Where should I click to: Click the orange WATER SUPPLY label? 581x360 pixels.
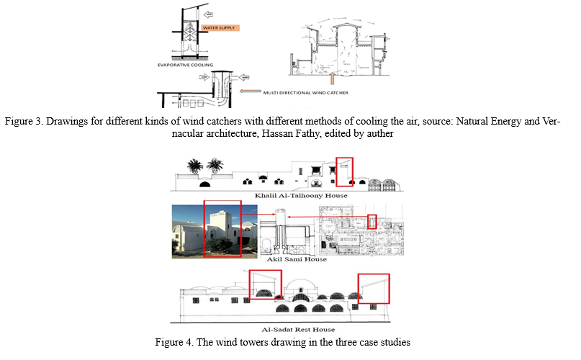pyautogui.click(x=220, y=28)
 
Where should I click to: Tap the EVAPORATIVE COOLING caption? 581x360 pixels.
pyautogui.click(x=185, y=65)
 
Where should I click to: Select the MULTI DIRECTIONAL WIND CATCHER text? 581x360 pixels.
pyautogui.click(x=306, y=93)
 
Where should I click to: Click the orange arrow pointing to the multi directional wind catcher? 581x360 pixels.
pyautogui.click(x=250, y=91)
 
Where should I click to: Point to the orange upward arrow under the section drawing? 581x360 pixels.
pyautogui.click(x=333, y=78)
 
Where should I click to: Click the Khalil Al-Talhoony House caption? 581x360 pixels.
pyautogui.click(x=301, y=195)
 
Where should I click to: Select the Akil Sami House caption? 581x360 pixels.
pyautogui.click(x=297, y=259)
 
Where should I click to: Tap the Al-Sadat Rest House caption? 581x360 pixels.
pyautogui.click(x=298, y=329)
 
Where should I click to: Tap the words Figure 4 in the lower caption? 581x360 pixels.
pyautogui.click(x=174, y=342)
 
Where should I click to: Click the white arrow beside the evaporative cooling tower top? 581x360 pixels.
pyautogui.click(x=209, y=15)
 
